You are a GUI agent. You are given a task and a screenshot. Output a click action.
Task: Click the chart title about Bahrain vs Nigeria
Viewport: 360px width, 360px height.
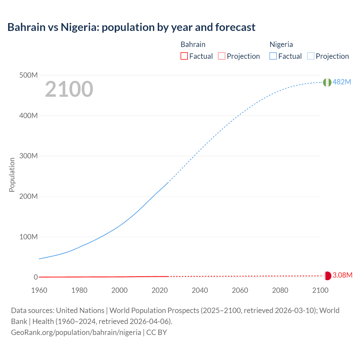click(x=131, y=27)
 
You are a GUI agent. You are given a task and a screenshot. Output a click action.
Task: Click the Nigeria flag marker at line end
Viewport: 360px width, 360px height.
click(x=327, y=82)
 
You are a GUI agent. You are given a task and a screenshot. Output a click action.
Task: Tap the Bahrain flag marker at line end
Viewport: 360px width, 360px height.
click(x=328, y=276)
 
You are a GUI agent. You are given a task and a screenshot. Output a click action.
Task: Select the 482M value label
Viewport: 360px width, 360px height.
click(x=342, y=82)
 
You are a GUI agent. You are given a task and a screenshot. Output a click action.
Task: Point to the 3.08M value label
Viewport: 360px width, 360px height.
click(x=342, y=275)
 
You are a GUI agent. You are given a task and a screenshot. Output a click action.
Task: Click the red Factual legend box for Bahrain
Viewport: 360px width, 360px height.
click(x=184, y=56)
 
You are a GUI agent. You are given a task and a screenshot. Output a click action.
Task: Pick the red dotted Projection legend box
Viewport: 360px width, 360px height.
click(x=222, y=56)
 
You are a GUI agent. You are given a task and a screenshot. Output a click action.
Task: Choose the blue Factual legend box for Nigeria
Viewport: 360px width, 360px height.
click(x=273, y=56)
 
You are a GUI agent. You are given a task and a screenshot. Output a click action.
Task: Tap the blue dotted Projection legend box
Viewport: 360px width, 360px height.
click(x=311, y=56)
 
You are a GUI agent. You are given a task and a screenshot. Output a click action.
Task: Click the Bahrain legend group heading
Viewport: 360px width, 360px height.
click(x=193, y=44)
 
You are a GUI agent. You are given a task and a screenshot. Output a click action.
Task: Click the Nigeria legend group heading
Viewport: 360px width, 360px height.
click(x=281, y=44)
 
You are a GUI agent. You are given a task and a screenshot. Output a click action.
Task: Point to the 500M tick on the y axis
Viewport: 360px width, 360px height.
click(x=28, y=75)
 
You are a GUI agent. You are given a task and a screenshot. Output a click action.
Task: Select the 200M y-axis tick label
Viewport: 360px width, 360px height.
click(x=28, y=196)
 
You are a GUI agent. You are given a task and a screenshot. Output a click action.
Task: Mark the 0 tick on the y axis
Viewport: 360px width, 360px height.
click(x=36, y=277)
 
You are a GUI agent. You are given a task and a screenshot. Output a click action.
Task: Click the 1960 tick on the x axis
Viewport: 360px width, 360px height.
click(x=39, y=290)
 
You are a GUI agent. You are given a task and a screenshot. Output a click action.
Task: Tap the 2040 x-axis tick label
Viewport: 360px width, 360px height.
click(x=200, y=290)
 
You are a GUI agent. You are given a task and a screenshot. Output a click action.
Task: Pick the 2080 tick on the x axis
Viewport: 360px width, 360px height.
click(x=280, y=290)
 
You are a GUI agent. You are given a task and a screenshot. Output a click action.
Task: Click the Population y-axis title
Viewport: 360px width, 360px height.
click(x=12, y=175)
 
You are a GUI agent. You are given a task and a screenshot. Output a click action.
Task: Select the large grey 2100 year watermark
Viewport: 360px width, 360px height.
click(x=69, y=89)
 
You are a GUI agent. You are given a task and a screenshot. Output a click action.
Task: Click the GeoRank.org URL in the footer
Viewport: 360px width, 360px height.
click(x=76, y=332)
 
